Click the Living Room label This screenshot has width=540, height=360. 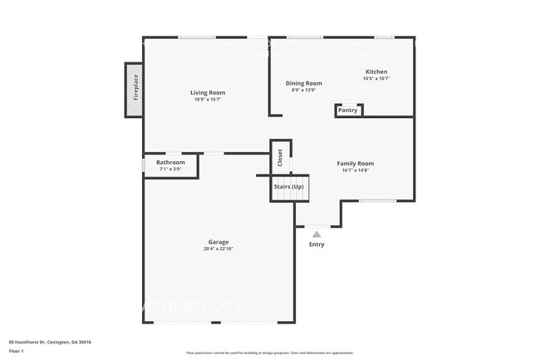(208, 92)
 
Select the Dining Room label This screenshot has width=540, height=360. (304, 83)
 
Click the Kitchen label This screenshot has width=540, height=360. (376, 72)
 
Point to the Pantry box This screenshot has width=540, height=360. (348, 110)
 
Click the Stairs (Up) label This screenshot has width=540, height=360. (288, 187)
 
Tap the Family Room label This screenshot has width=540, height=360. (355, 163)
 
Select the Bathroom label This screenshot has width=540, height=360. (170, 162)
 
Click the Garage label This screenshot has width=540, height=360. (218, 242)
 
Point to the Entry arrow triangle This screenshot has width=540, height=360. (316, 234)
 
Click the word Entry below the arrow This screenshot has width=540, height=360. (317, 244)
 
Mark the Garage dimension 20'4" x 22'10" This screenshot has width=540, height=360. (218, 249)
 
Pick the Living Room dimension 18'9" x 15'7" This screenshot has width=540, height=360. (208, 100)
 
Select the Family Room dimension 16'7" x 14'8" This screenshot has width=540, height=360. (355, 170)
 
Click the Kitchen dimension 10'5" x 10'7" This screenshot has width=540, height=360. (376, 79)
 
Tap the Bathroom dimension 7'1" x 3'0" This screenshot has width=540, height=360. (170, 170)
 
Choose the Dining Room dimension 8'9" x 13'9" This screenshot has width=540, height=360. (304, 91)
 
